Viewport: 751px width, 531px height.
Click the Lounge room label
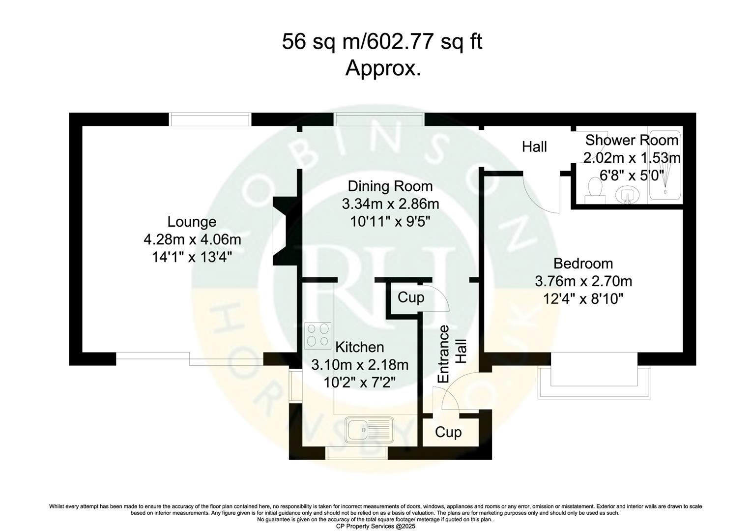pyautogui.click(x=192, y=222)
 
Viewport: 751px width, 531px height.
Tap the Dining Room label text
pyautogui.click(x=390, y=186)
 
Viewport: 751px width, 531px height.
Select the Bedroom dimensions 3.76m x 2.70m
pyautogui.click(x=583, y=281)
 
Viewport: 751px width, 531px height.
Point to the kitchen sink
pyautogui.click(x=369, y=430)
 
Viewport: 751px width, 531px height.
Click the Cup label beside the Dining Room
pyautogui.click(x=410, y=297)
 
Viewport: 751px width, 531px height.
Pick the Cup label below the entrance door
pyautogui.click(x=448, y=433)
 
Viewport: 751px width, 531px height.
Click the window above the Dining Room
pyautogui.click(x=378, y=119)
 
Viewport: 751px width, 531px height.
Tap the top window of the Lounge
pyautogui.click(x=210, y=119)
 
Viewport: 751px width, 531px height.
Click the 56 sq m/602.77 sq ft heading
pyautogui.click(x=382, y=42)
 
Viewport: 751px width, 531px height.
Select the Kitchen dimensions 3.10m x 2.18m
pyautogui.click(x=360, y=365)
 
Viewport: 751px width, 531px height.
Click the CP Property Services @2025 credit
pyautogui.click(x=375, y=526)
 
